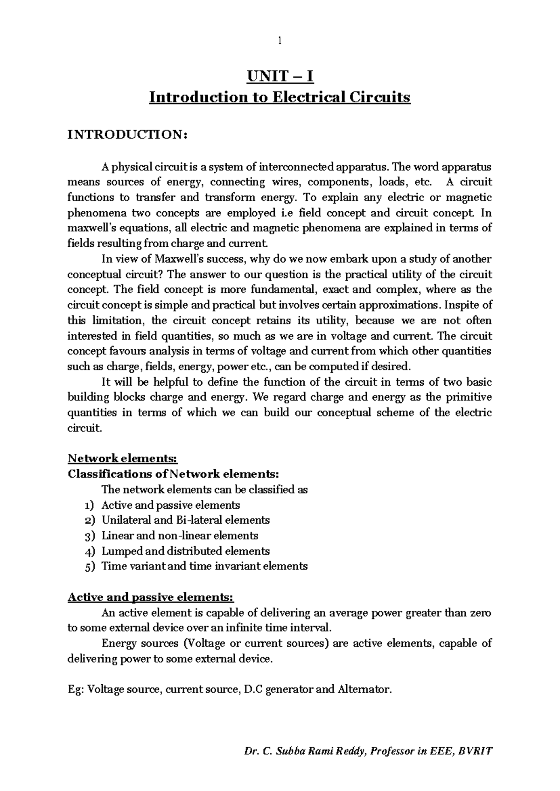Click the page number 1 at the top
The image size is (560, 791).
point(280,41)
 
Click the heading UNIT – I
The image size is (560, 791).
point(280,76)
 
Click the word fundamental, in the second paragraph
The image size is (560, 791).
point(281,290)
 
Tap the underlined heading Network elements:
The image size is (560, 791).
point(123,458)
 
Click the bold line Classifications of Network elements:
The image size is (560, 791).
point(173,474)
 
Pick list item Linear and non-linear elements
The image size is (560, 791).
point(180,535)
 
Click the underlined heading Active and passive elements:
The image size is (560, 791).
point(150,597)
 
